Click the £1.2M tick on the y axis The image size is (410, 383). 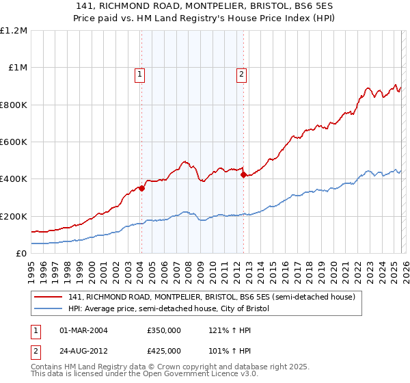pyautogui.click(x=14, y=31)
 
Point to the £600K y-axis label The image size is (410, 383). pyautogui.click(x=14, y=142)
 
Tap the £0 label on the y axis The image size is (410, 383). pyautogui.click(x=20, y=254)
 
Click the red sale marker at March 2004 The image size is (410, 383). pyautogui.click(x=141, y=189)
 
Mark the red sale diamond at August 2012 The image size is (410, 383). pyautogui.click(x=243, y=174)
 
